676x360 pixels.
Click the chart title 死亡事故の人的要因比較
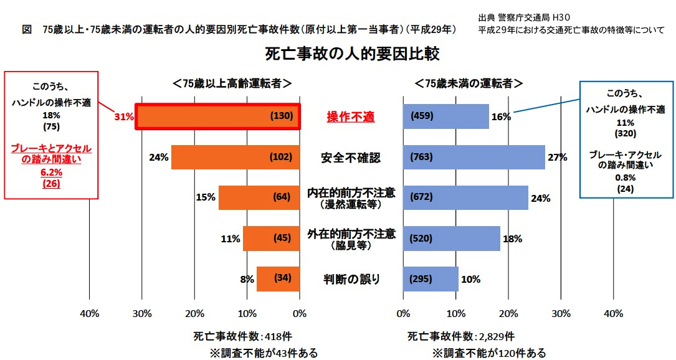pos(353,54)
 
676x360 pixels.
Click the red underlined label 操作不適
pos(351,116)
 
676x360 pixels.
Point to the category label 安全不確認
pos(351,157)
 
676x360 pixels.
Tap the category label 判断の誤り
pos(351,279)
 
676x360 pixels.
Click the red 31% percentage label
pos(124,116)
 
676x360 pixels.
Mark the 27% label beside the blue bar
pos(557,158)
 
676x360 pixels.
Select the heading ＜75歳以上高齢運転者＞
pos(232,83)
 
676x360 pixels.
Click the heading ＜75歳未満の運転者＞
pos(469,83)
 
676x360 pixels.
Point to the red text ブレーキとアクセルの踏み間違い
pos(51,154)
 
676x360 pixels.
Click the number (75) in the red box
pos(51,126)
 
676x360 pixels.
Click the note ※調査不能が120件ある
pos(489,353)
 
